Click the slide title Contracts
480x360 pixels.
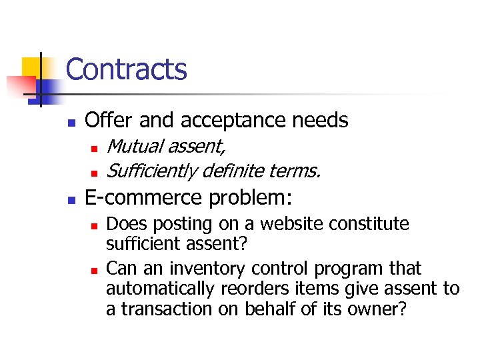click(126, 69)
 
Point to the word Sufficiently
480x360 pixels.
click(151, 171)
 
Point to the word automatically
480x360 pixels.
click(158, 289)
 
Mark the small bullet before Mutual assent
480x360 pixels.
click(95, 147)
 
